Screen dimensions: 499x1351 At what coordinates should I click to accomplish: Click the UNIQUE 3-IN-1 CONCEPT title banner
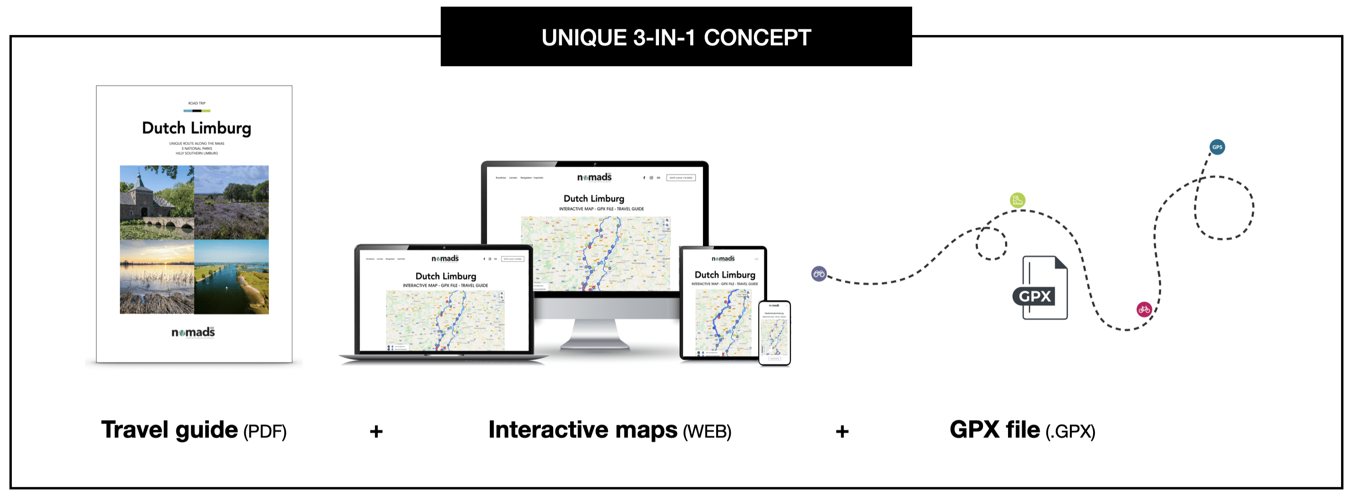(x=675, y=37)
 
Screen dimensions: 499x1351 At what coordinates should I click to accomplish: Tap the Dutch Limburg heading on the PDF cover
(x=196, y=129)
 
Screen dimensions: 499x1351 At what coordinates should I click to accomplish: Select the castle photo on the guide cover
(x=157, y=203)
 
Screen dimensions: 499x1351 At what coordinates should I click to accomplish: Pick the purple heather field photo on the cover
(x=231, y=203)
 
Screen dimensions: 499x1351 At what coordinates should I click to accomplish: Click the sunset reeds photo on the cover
(x=157, y=276)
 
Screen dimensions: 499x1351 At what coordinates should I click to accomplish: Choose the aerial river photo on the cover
(x=231, y=276)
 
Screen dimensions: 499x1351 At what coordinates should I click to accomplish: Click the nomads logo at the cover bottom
(x=193, y=332)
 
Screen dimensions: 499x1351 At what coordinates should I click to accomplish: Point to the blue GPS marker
(x=1217, y=147)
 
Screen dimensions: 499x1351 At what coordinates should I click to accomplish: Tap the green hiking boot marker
(x=1017, y=200)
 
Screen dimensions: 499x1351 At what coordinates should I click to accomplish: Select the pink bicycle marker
(x=1144, y=309)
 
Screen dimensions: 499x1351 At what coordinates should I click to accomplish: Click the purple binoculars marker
(x=819, y=274)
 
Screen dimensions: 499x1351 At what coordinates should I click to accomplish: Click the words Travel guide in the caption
(x=169, y=430)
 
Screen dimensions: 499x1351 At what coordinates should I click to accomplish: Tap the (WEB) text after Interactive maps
(x=707, y=432)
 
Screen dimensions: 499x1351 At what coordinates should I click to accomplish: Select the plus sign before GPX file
(x=842, y=432)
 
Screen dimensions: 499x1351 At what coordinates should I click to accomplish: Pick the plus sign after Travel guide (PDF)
(x=376, y=432)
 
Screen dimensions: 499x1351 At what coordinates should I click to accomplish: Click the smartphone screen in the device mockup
(x=774, y=333)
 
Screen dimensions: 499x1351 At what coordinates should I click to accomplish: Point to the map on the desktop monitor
(x=595, y=253)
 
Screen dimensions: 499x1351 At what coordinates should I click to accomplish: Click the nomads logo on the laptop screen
(x=445, y=258)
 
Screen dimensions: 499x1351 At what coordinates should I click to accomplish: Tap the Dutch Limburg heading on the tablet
(x=725, y=275)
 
